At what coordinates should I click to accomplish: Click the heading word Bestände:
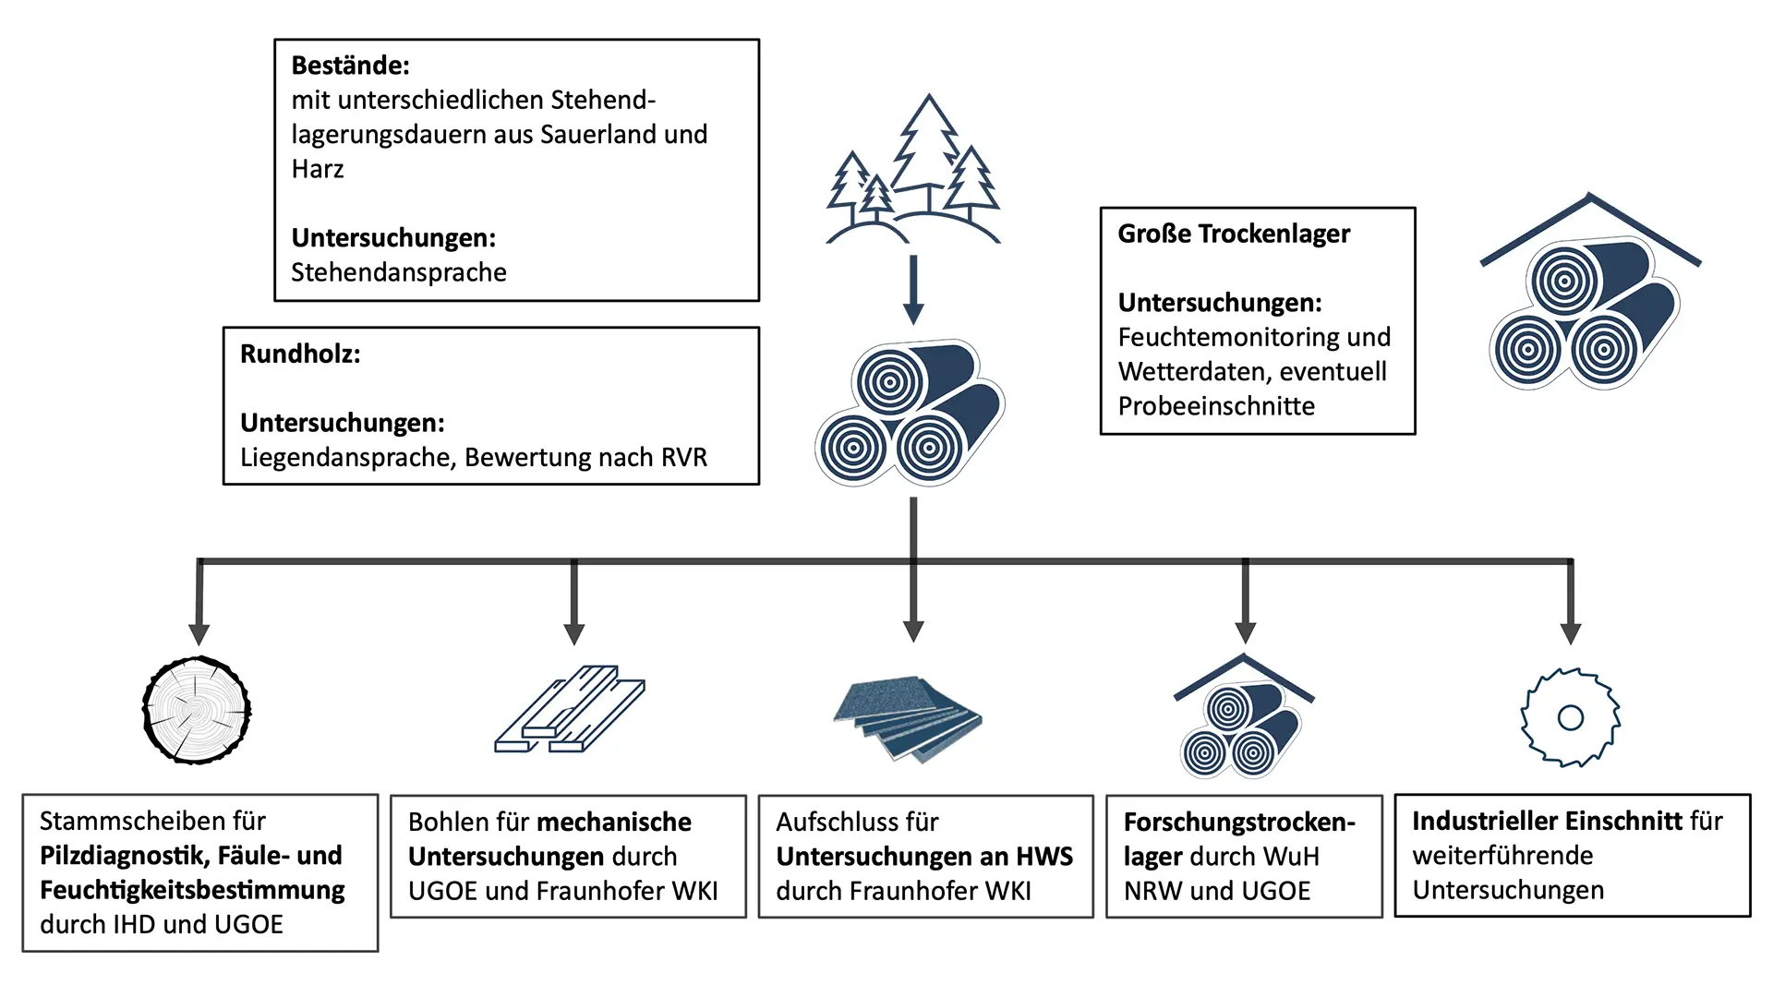click(x=350, y=66)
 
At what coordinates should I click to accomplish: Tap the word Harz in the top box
click(x=318, y=169)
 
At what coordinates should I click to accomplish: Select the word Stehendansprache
click(x=398, y=272)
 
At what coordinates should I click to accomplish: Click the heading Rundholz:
click(x=300, y=354)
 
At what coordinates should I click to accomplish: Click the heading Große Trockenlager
click(x=1234, y=234)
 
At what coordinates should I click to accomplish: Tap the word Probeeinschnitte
click(x=1216, y=406)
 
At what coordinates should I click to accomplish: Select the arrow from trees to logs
click(x=913, y=289)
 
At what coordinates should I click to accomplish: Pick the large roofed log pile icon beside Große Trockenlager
click(x=1588, y=295)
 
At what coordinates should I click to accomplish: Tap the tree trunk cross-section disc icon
click(x=197, y=710)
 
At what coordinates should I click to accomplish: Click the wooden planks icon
click(x=570, y=709)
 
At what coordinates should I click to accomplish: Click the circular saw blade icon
click(x=1570, y=717)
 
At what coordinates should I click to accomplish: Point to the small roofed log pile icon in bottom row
click(x=1243, y=718)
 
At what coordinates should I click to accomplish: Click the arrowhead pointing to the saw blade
click(x=1570, y=633)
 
